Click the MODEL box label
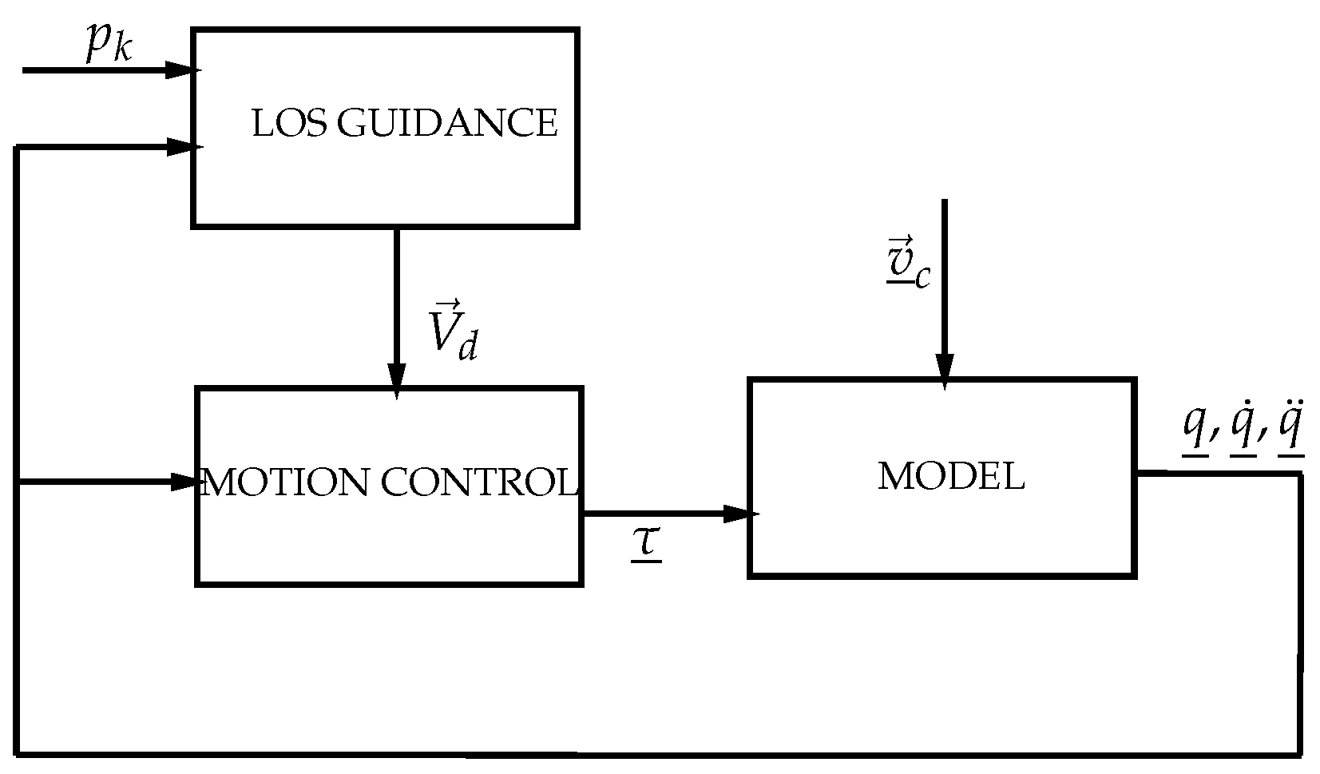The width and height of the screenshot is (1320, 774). (x=950, y=477)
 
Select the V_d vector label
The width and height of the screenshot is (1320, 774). (x=451, y=331)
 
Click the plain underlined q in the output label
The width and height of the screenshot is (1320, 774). (x=1195, y=431)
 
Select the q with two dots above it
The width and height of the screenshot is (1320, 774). (x=1290, y=431)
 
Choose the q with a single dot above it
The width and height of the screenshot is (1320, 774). (x=1243, y=431)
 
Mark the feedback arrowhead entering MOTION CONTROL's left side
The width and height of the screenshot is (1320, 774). (x=185, y=482)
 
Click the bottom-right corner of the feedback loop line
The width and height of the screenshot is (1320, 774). (x=1301, y=754)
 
